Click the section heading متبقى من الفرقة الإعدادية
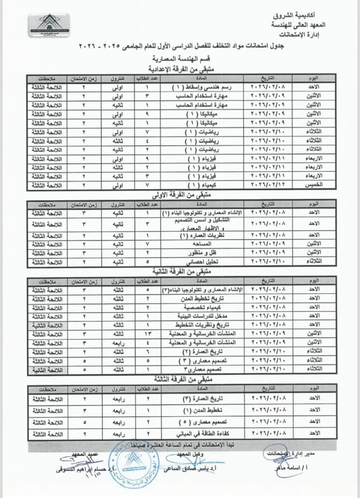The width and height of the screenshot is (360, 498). (x=180, y=70)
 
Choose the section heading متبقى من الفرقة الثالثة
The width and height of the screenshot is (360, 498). (x=180, y=377)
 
